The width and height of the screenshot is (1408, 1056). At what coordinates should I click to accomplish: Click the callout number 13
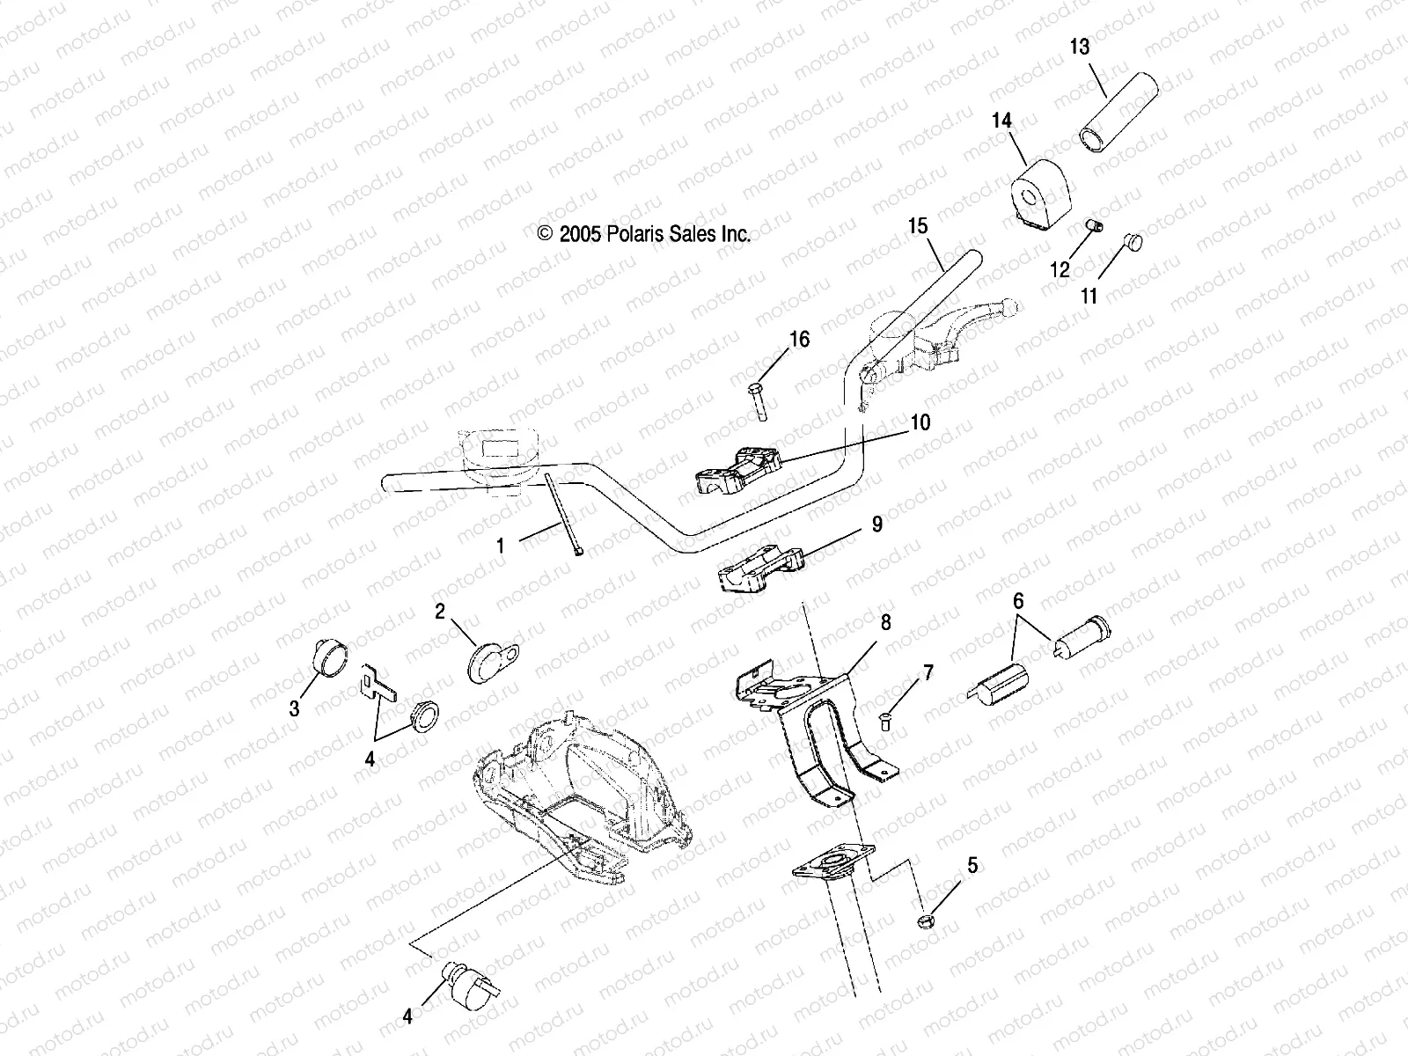tap(1080, 47)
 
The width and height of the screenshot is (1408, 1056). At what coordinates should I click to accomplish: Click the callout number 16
tap(799, 339)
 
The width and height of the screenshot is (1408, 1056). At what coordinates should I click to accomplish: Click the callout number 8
tap(885, 623)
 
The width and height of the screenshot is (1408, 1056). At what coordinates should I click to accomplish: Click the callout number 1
tap(501, 546)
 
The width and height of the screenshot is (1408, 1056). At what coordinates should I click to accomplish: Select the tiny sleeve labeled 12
tap(1092, 229)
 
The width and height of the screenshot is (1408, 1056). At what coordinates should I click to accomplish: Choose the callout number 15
tap(917, 226)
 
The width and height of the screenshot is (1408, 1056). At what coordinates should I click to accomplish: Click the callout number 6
tap(1018, 602)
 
